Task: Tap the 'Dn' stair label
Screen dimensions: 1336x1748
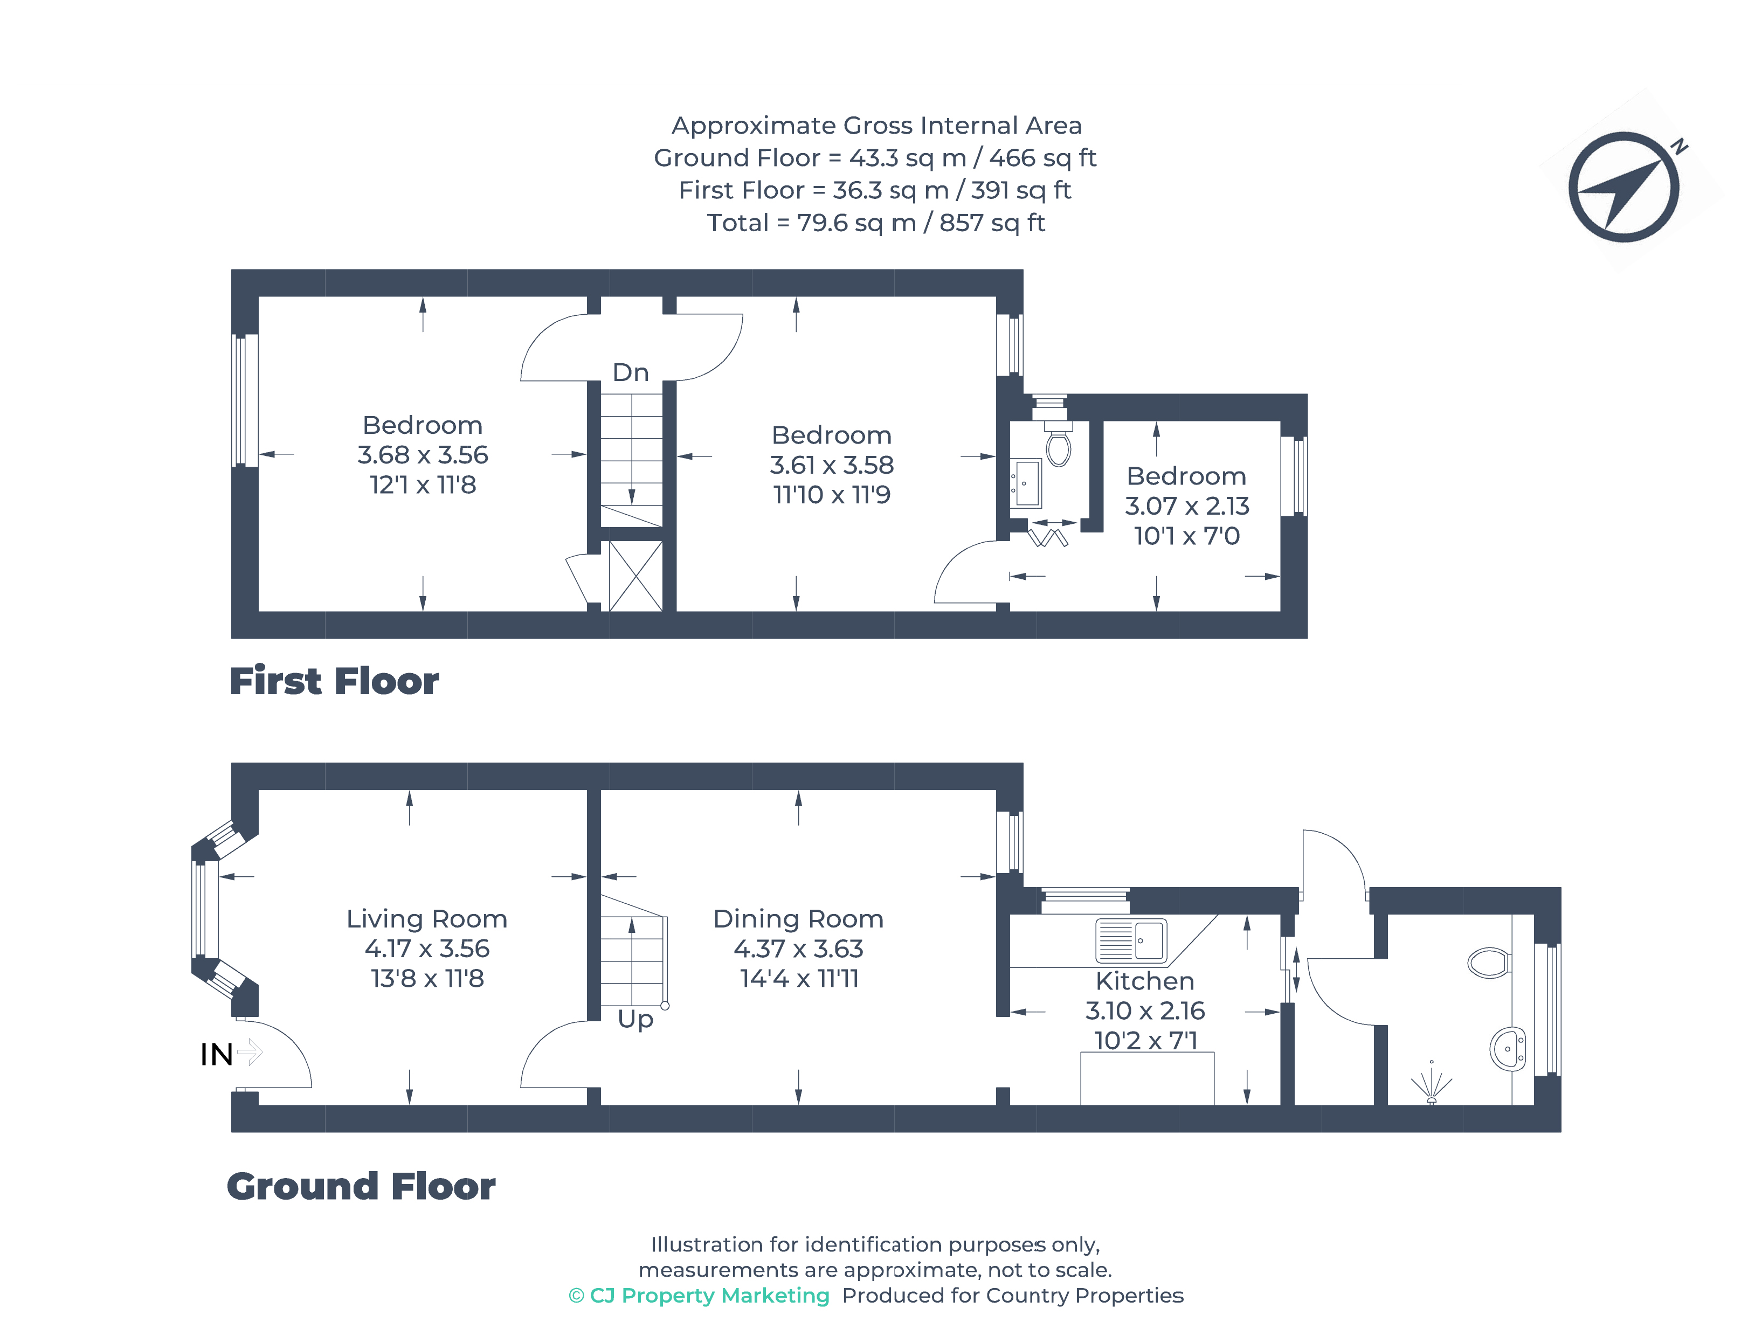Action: click(630, 372)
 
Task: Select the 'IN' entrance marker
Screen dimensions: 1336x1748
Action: click(216, 1055)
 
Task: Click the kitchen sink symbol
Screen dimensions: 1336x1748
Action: click(1130, 941)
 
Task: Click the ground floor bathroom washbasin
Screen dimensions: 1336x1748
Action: click(1507, 1049)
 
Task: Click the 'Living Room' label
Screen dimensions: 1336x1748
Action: click(426, 918)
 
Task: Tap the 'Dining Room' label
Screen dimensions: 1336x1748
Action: click(798, 918)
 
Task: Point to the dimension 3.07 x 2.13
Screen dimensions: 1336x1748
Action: click(1186, 506)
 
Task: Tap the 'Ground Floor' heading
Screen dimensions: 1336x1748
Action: click(361, 1187)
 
